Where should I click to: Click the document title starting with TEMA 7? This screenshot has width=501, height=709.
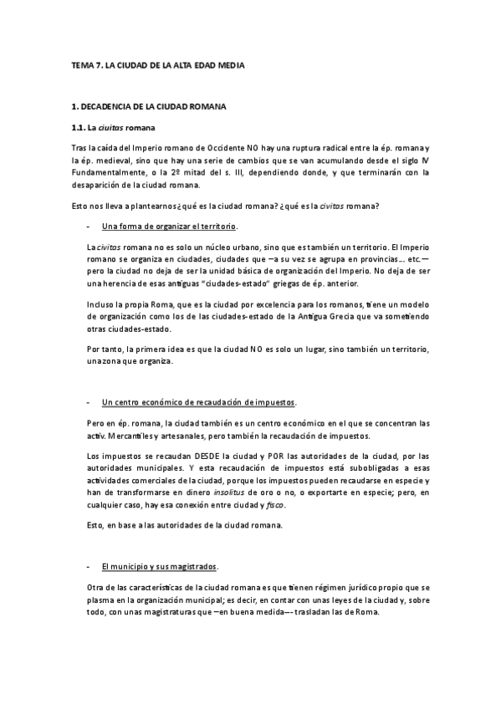click(158, 64)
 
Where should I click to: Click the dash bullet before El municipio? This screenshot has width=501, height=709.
click(89, 567)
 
